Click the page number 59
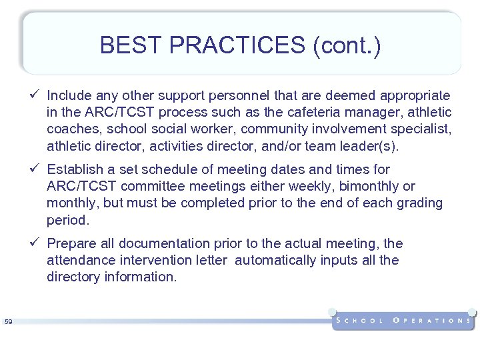point(9,322)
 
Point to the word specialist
point(421,129)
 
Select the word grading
point(420,203)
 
